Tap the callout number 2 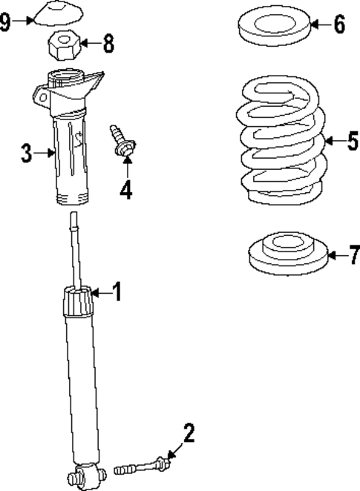(x=189, y=433)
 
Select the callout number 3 (x=26, y=154)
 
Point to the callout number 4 (x=125, y=189)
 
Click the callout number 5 (x=352, y=140)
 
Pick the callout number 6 (x=338, y=24)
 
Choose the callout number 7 (x=353, y=256)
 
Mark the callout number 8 (x=108, y=43)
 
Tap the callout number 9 (x=6, y=22)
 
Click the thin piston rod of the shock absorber (x=74, y=248)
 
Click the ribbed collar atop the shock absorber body (x=78, y=303)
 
